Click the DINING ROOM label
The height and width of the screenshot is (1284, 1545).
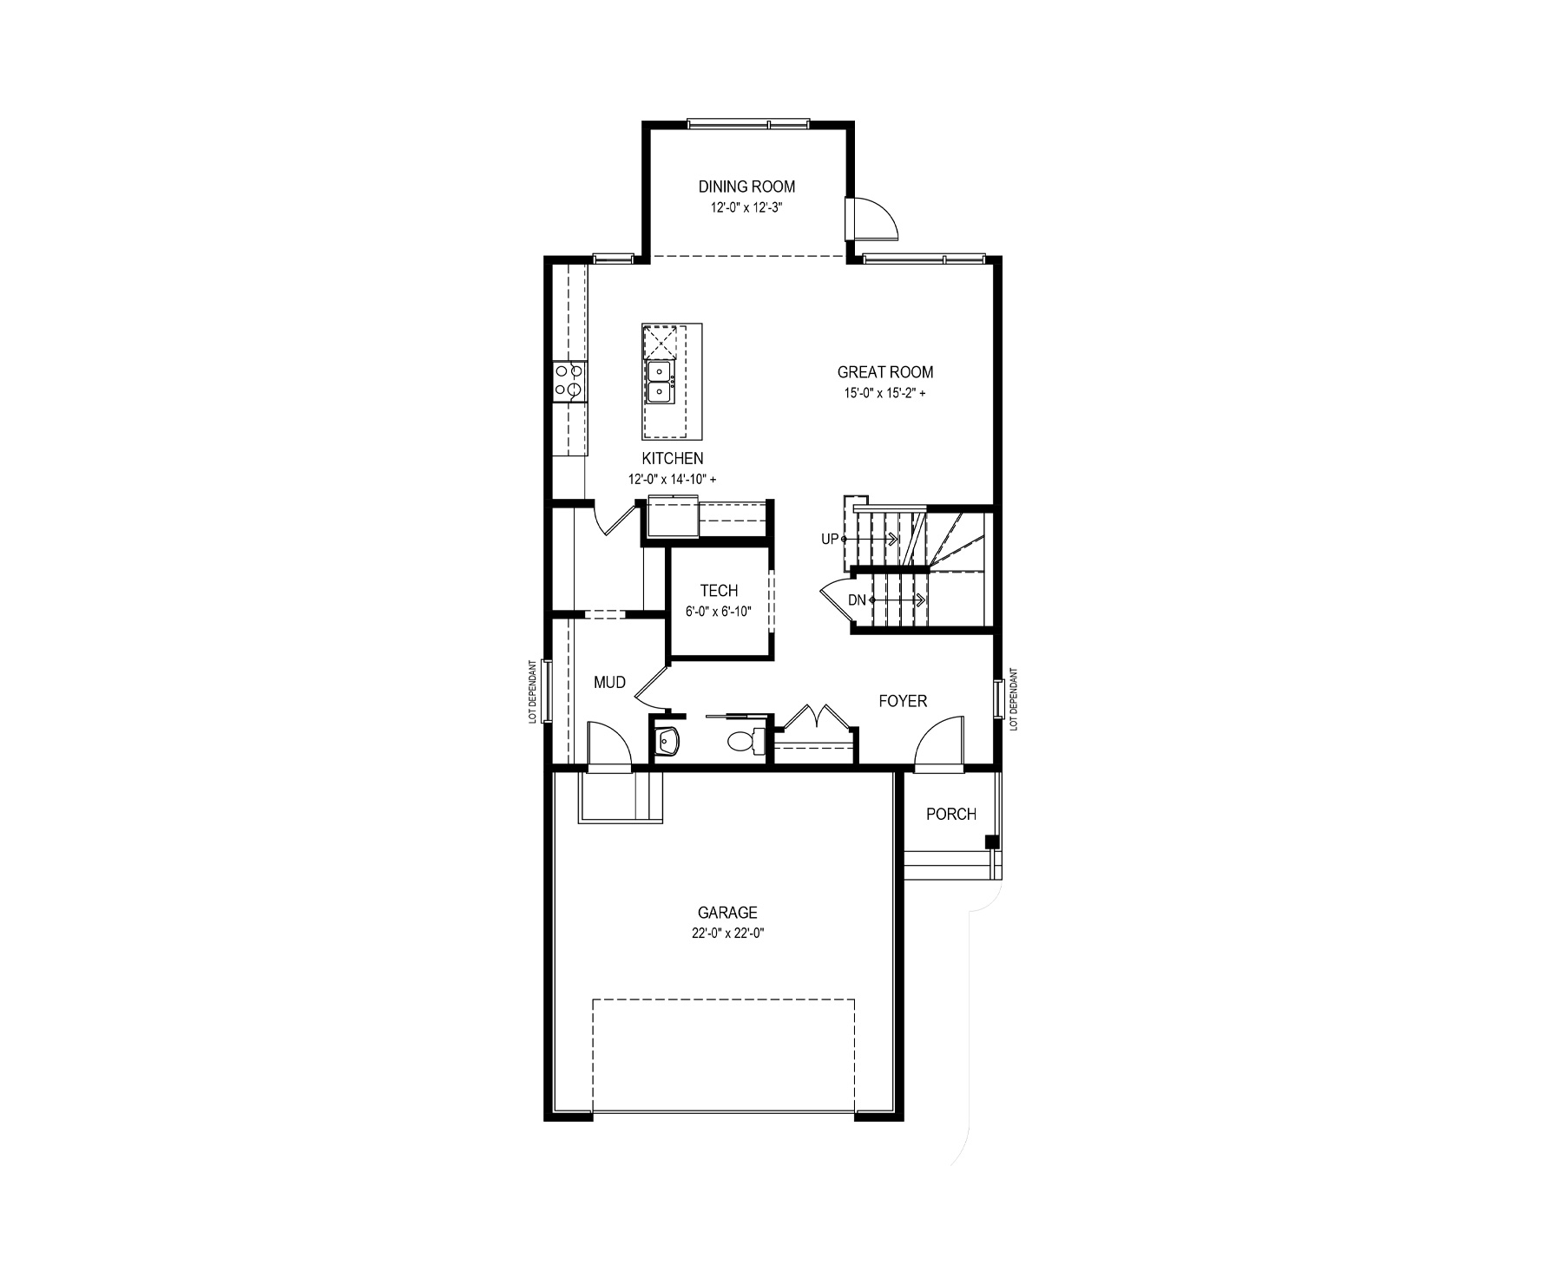point(746,187)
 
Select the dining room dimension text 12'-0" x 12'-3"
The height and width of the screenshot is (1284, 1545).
point(747,208)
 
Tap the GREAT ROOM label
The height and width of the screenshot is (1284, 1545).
point(885,372)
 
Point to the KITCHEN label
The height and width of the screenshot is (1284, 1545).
point(673,458)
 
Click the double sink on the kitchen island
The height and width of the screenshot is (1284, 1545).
point(661,383)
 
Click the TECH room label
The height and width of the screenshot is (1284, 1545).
point(719,591)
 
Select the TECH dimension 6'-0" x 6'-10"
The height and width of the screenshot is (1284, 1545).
point(718,612)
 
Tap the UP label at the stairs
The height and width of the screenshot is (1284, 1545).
point(830,540)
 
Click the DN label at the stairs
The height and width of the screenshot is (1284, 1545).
point(857,600)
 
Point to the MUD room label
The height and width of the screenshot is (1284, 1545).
point(609,683)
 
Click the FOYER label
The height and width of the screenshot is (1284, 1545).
point(903,701)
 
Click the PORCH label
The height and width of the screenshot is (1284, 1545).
point(951,814)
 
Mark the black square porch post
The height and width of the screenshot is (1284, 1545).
point(991,842)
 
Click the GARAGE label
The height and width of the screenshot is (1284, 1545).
point(727,913)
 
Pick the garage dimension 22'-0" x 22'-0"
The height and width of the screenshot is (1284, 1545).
point(727,934)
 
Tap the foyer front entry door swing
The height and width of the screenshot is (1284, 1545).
point(938,742)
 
